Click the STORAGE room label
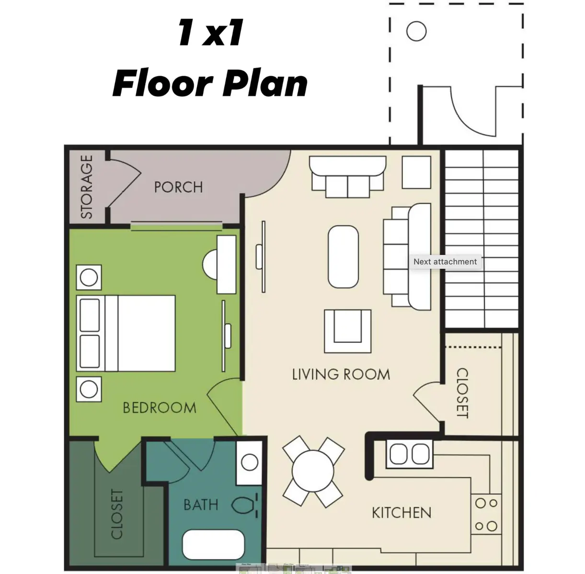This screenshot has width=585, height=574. [x=87, y=187]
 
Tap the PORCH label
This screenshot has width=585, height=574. [x=179, y=187]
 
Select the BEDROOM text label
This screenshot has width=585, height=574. [x=160, y=408]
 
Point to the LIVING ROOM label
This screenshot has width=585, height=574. [x=341, y=374]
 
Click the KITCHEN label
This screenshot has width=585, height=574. [x=401, y=513]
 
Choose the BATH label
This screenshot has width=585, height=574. [x=201, y=505]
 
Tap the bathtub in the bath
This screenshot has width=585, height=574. [x=213, y=545]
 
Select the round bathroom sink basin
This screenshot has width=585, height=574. [x=250, y=463]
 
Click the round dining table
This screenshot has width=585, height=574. [x=313, y=471]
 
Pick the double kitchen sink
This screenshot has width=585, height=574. [x=410, y=454]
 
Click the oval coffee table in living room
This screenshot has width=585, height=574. [x=344, y=256]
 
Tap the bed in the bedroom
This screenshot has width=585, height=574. [x=126, y=333]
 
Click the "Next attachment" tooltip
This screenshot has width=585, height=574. [x=445, y=262]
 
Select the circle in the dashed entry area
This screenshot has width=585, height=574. [x=416, y=31]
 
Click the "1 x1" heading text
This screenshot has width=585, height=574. [x=211, y=33]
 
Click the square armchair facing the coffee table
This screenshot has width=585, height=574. [x=348, y=331]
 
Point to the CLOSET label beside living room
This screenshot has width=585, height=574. [x=462, y=393]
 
